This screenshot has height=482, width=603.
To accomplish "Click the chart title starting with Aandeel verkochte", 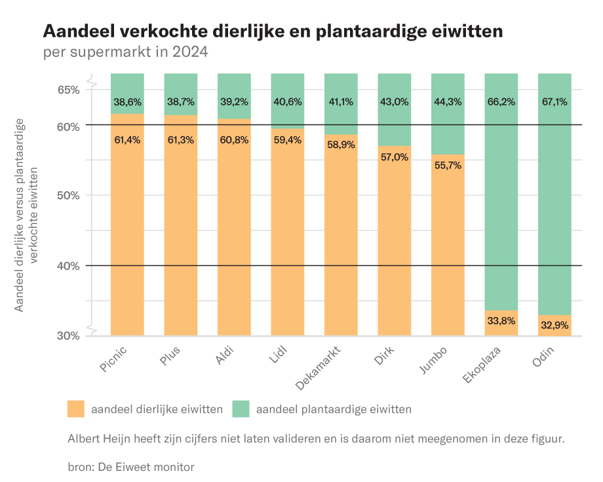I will (273, 31).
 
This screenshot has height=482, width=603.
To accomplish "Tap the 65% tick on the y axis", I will (66, 90).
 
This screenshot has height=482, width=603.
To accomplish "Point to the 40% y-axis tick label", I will (66, 266).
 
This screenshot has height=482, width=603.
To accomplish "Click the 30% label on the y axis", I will (66, 336).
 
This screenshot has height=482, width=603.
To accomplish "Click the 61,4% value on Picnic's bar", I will (127, 139).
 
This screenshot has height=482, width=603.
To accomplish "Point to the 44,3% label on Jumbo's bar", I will (448, 102).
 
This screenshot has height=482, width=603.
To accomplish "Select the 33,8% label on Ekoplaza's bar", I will (501, 321).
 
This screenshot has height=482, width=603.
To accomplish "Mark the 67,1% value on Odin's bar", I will (554, 102).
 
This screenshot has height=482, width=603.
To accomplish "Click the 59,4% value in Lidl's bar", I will (288, 139).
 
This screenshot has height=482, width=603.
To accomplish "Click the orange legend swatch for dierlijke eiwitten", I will (76, 409).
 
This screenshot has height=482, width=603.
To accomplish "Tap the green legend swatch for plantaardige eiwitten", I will (241, 409).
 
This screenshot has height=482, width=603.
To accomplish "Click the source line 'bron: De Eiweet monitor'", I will (131, 467).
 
